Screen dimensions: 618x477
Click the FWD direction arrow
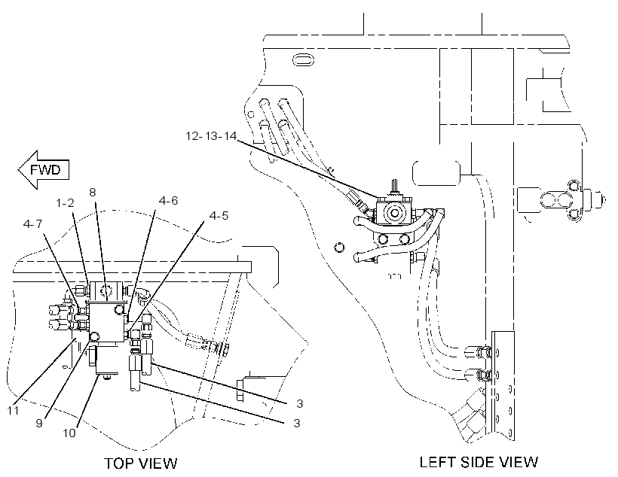[44, 169]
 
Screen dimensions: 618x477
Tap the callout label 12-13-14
[211, 136]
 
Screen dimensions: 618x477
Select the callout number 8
[92, 192]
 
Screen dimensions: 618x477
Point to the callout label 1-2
[65, 203]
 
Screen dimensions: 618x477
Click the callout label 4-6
[168, 201]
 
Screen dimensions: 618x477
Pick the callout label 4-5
[219, 216]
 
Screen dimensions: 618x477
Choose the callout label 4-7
[32, 224]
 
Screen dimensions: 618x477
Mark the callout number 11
[13, 411]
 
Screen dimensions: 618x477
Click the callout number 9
[39, 423]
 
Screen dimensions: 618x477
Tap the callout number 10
[69, 433]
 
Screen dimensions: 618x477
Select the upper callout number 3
[300, 403]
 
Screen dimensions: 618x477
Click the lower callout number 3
[297, 423]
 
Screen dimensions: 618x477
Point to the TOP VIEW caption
[141, 463]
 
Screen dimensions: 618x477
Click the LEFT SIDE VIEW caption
[479, 462]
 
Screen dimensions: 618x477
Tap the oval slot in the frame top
[304, 61]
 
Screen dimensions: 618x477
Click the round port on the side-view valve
[393, 213]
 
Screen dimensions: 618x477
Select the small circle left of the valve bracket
[338, 248]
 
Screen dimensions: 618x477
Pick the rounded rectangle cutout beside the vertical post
[436, 172]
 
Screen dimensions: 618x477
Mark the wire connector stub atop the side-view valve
[393, 187]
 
